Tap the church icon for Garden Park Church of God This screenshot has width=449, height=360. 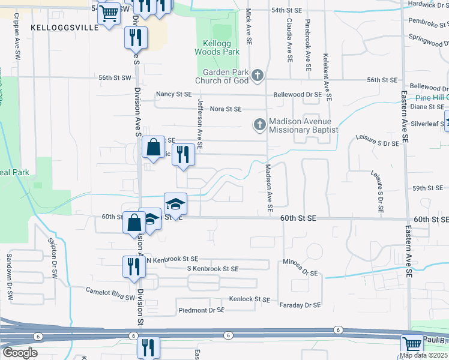point(258,75)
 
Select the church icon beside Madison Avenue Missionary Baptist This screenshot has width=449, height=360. point(259,125)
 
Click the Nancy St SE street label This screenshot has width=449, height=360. point(173,94)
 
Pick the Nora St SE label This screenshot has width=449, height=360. point(226,109)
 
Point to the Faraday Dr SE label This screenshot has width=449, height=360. point(300,305)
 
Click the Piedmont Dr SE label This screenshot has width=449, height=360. point(201,310)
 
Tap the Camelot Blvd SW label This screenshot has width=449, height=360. point(110,293)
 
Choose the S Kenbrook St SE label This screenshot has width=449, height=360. point(212,269)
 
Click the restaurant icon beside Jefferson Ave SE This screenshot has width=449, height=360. point(183,155)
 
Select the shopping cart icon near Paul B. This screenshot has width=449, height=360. point(412,345)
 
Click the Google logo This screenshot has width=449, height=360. point(20,353)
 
